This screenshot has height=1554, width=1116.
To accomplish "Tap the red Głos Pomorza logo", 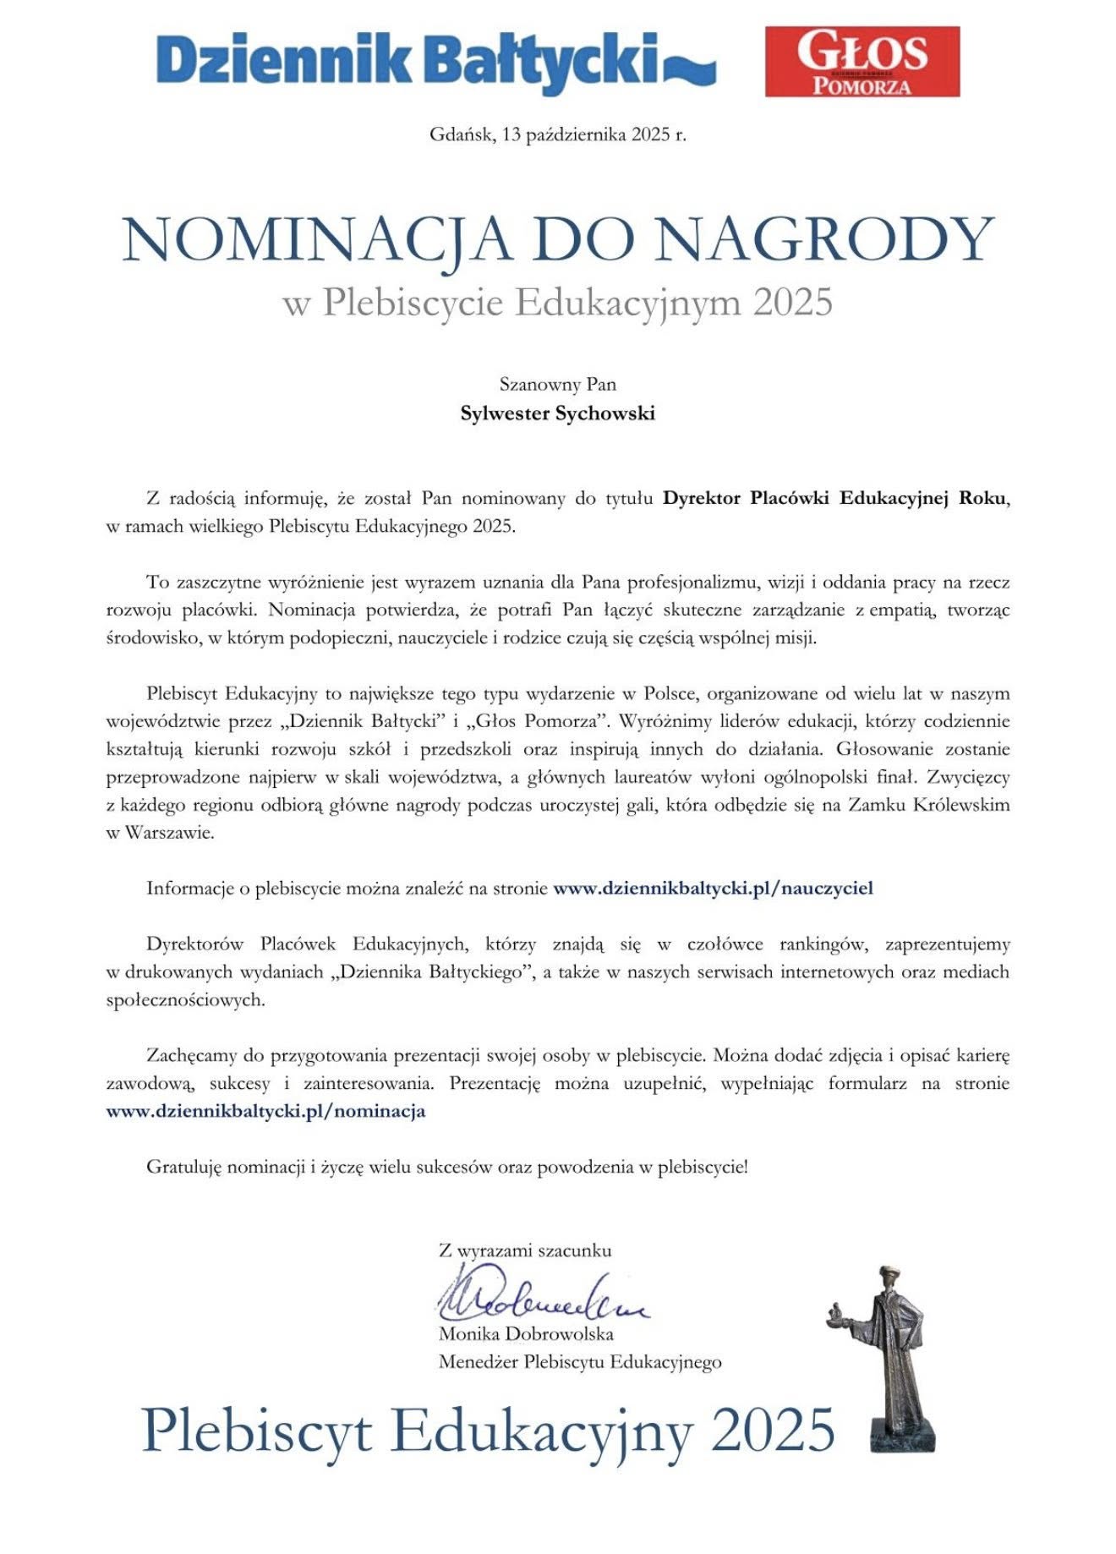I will pos(862,61).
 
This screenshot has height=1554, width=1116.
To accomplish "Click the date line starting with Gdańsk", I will pos(558,134).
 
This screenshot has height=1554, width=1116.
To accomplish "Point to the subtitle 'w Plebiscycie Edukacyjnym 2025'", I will pos(558,302).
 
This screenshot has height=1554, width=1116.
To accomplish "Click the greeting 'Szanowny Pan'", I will pos(558,385).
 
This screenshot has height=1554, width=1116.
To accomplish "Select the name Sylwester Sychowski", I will pos(558,413).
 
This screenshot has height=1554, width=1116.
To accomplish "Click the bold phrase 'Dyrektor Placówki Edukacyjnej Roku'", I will pos(834,498).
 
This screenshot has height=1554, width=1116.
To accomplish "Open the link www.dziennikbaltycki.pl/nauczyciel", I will pos(713,888).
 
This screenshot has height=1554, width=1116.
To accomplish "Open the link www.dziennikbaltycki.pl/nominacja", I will pos(265,1111).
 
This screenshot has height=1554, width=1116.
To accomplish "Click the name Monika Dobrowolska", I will pos(526,1334).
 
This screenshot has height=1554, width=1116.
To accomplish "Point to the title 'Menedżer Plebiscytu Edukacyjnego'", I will pos(580,1362).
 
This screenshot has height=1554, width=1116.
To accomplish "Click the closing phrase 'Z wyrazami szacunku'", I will pos(525,1250).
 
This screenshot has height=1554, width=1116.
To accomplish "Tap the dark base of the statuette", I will pos(904,1435).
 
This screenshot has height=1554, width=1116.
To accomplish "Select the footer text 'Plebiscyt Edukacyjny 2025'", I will pos(489,1431).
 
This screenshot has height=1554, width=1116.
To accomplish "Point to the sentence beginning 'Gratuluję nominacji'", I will pos(447,1167).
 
